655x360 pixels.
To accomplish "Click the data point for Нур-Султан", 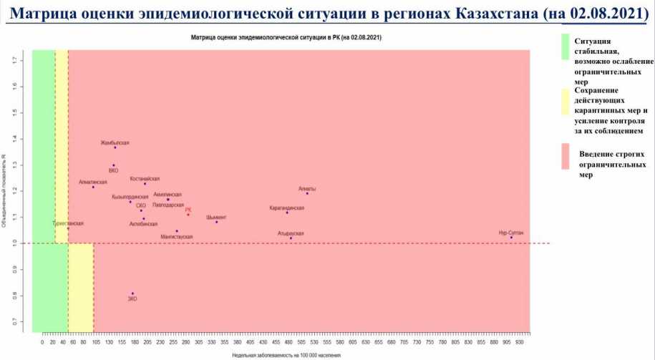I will click(x=511, y=238).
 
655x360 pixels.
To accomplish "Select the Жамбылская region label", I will click(x=115, y=143).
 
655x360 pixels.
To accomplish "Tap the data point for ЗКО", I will click(x=132, y=293).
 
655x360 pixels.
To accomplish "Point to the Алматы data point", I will click(x=307, y=193).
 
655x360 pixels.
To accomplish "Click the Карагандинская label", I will click(x=286, y=208).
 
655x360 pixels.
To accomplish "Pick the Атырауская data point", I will click(x=291, y=238).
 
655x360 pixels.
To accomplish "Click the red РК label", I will click(x=188, y=210).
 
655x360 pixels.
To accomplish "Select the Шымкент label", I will click(x=216, y=217).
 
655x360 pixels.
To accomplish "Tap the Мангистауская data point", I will click(x=177, y=231).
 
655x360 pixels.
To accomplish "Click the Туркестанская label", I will click(x=68, y=223).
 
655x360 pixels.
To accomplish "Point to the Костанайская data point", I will click(x=145, y=184).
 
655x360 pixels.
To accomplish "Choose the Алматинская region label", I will click(x=92, y=182).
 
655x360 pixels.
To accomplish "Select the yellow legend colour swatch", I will click(x=564, y=102).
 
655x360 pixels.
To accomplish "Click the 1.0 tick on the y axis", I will click(x=24, y=243).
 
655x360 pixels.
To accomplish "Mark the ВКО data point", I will click(x=113, y=165).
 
